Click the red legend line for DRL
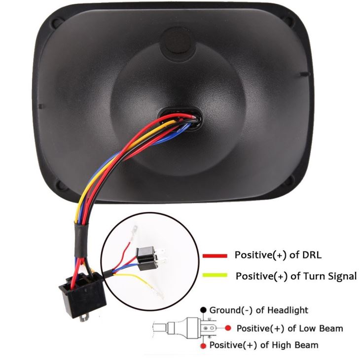point(215,256)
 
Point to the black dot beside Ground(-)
point(203,310)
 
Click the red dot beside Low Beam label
point(227,327)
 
